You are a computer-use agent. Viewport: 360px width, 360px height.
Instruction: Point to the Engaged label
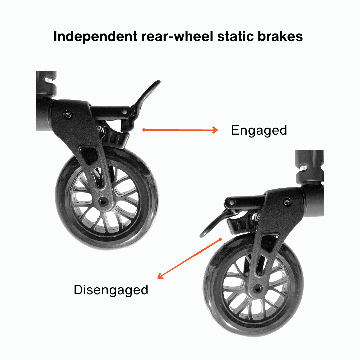[x=259, y=130]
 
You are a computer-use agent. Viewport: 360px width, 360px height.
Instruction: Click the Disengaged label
[x=111, y=290]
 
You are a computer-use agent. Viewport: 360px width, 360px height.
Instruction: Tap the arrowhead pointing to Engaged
[x=215, y=130]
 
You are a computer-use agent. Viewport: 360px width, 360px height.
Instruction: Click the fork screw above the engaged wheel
[x=69, y=114]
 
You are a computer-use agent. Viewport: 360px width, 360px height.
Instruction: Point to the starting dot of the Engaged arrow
[x=143, y=130]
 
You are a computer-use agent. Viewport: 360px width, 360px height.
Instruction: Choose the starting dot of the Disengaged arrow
[x=220, y=239]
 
